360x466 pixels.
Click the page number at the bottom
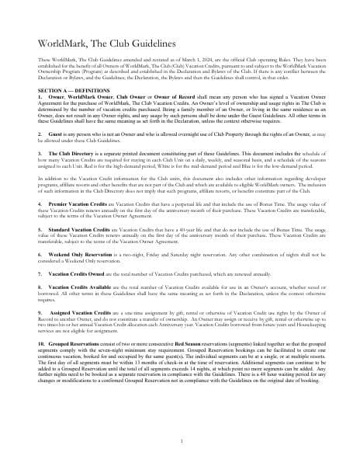180,440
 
